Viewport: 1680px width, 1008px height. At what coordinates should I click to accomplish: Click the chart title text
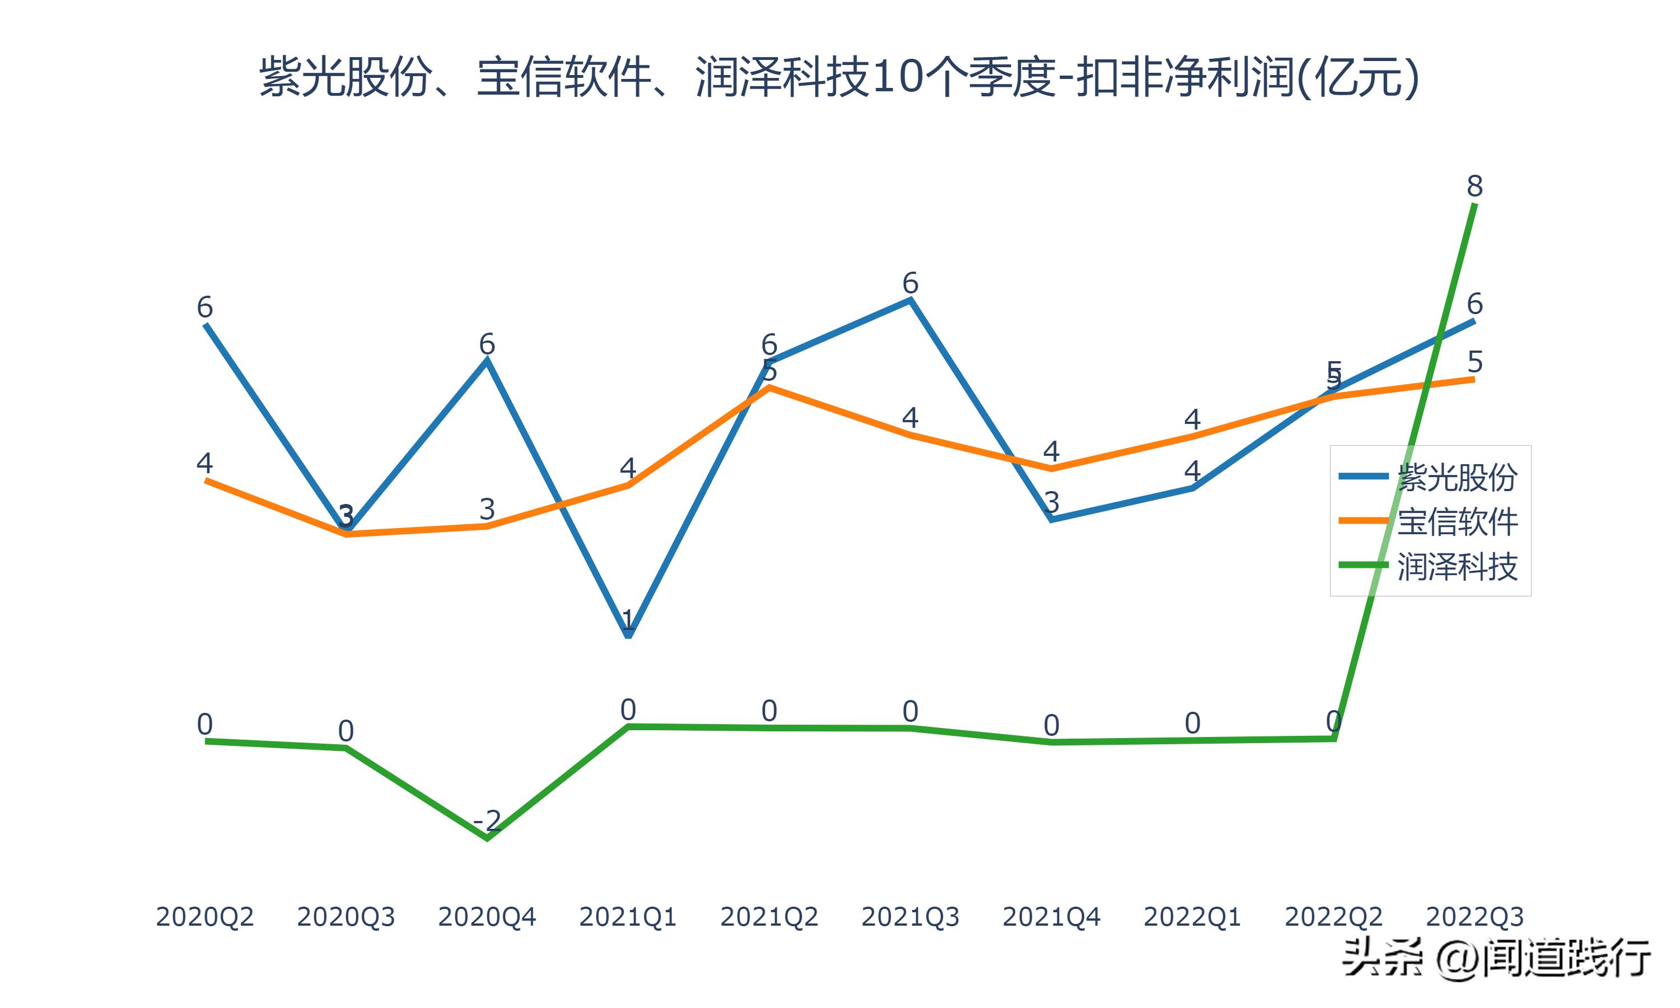click(x=839, y=77)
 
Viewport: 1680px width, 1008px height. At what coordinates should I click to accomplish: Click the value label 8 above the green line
click(x=1474, y=186)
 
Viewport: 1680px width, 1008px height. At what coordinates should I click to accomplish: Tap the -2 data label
click(x=487, y=821)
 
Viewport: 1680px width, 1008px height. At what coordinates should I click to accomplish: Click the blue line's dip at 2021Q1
click(x=628, y=636)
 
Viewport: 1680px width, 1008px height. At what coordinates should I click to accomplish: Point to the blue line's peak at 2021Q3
click(x=911, y=300)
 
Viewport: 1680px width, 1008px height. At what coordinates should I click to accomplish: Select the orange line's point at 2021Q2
click(x=769, y=387)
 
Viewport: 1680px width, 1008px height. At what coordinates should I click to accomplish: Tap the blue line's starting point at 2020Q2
click(x=205, y=325)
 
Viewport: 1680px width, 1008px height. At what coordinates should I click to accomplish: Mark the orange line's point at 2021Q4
click(x=1052, y=469)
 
